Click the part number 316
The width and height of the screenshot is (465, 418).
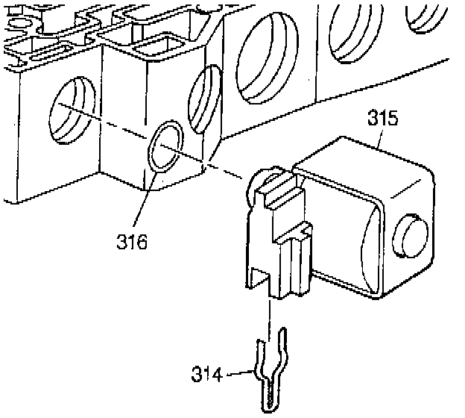[x=132, y=241]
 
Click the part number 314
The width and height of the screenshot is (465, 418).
[x=208, y=373]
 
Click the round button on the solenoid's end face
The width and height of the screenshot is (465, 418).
[x=408, y=234]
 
